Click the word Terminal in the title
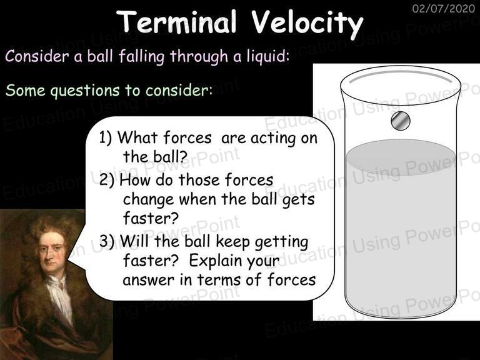tap(176, 21)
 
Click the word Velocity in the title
tap(307, 24)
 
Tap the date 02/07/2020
tap(443, 8)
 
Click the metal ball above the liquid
tap(401, 120)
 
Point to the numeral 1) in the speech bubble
tap(106, 137)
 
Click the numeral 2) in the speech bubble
tap(107, 180)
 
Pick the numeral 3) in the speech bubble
tap(107, 241)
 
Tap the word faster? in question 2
tap(151, 218)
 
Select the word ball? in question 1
tap(170, 157)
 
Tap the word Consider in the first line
tap(37, 56)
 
